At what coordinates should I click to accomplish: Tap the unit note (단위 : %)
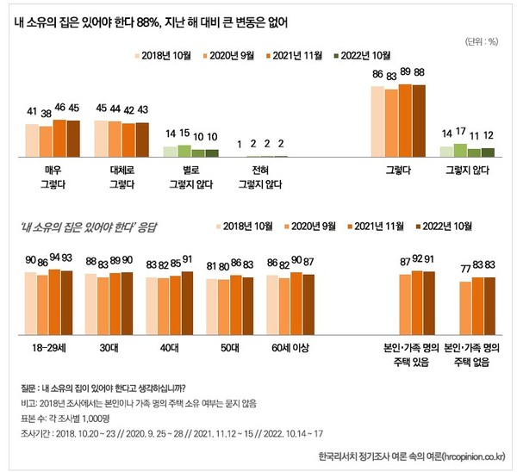coord(480,40)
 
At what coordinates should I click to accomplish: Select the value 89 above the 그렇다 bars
coord(405,75)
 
